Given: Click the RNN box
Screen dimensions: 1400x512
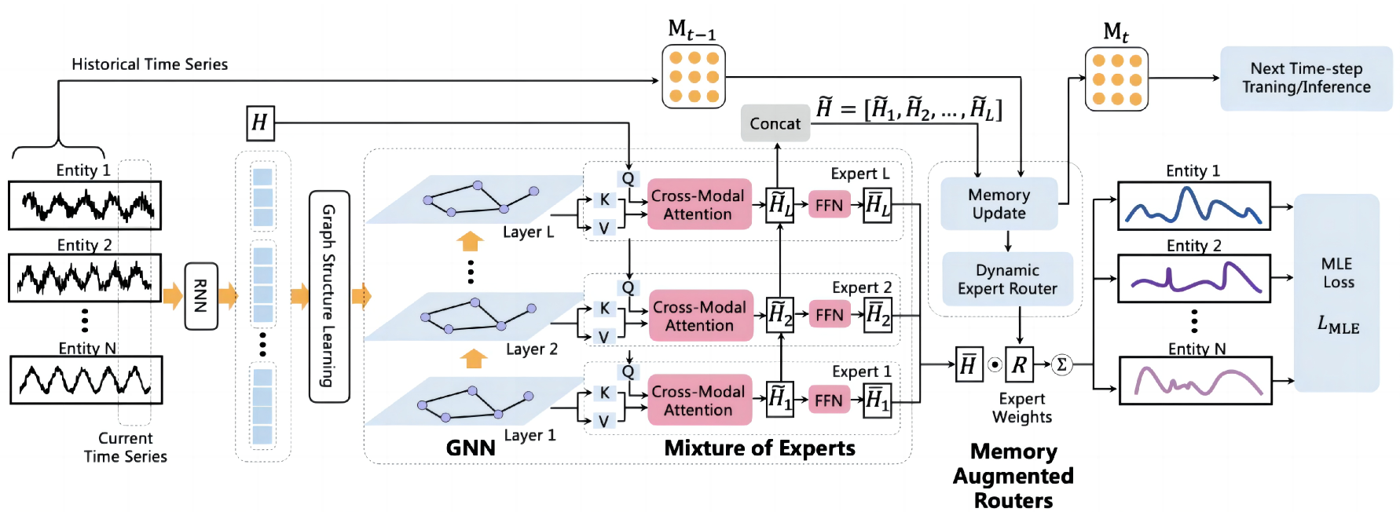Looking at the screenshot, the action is [x=201, y=296].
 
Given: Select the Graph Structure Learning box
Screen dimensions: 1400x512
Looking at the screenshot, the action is [x=329, y=296].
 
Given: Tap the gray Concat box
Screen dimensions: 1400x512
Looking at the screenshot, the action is [x=775, y=123].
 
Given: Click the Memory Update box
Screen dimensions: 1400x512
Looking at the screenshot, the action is [x=999, y=203].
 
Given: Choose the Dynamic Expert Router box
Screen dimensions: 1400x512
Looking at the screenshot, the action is [x=1007, y=280].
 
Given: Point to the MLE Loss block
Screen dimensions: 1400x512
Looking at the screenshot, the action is [x=1336, y=293].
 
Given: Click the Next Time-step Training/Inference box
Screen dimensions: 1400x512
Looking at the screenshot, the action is [x=1306, y=78].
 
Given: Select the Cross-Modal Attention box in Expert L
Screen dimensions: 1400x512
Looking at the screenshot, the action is [x=698, y=204].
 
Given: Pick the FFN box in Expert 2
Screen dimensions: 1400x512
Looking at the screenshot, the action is [x=829, y=315].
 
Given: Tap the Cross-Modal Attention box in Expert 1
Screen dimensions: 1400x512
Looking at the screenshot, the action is [x=698, y=400].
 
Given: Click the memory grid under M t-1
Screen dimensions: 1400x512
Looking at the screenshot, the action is [x=694, y=76].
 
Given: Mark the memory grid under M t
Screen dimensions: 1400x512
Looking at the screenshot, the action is [x=1116, y=79].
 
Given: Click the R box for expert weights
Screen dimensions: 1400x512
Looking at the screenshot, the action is [x=1019, y=364].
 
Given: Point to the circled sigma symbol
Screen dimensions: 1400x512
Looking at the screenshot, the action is [x=1061, y=364].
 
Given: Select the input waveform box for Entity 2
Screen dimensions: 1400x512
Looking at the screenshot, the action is [x=85, y=278].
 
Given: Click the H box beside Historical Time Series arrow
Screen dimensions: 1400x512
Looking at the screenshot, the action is [x=260, y=123].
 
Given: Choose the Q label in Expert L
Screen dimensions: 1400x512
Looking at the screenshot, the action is [x=628, y=178].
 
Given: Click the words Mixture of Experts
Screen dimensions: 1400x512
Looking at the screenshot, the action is [x=760, y=448].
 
